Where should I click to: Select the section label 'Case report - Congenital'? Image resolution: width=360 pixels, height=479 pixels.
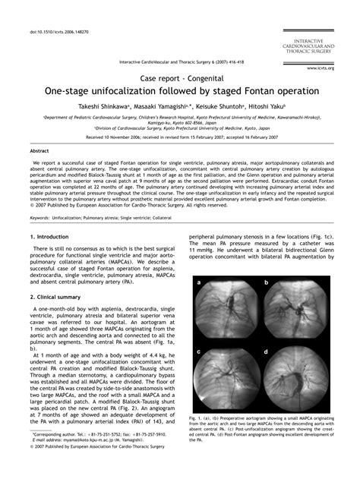pos(179,77)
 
